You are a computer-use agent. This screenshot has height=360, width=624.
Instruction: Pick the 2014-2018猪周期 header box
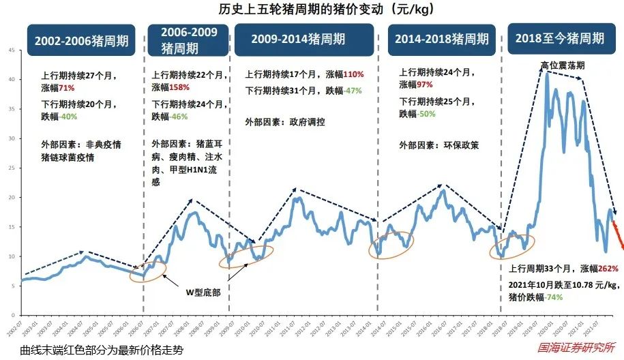pyautogui.click(x=442, y=40)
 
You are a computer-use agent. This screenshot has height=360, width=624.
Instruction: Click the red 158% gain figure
pyautogui.click(x=179, y=88)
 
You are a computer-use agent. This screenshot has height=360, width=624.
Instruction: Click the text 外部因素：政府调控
pyautogui.click(x=284, y=122)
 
